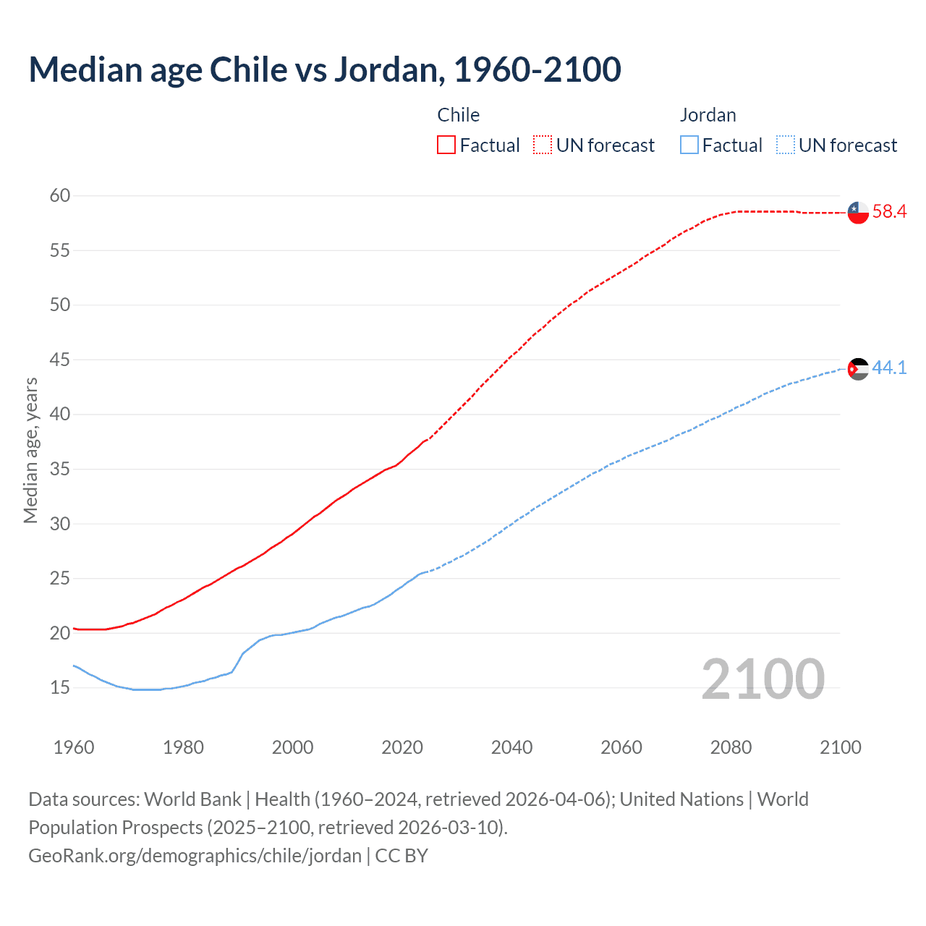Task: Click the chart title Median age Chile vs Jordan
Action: (324, 70)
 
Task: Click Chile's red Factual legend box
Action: (446, 145)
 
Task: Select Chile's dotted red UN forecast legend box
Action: (543, 145)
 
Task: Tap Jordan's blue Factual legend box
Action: (689, 145)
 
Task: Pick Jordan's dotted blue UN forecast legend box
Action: (786, 145)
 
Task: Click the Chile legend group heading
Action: (458, 115)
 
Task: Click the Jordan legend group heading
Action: (708, 115)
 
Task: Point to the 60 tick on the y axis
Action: (60, 195)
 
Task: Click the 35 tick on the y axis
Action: (60, 469)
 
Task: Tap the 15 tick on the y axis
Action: (60, 687)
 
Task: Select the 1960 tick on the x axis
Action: (74, 747)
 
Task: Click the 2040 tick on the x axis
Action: (511, 747)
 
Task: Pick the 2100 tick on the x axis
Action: (840, 747)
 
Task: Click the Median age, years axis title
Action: (30, 450)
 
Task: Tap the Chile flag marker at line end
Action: (858, 213)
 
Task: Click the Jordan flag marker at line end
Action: (858, 369)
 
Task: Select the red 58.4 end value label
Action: (889, 212)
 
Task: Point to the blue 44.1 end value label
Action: (889, 368)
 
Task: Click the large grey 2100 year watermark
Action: (763, 679)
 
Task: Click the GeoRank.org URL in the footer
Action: (195, 856)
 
